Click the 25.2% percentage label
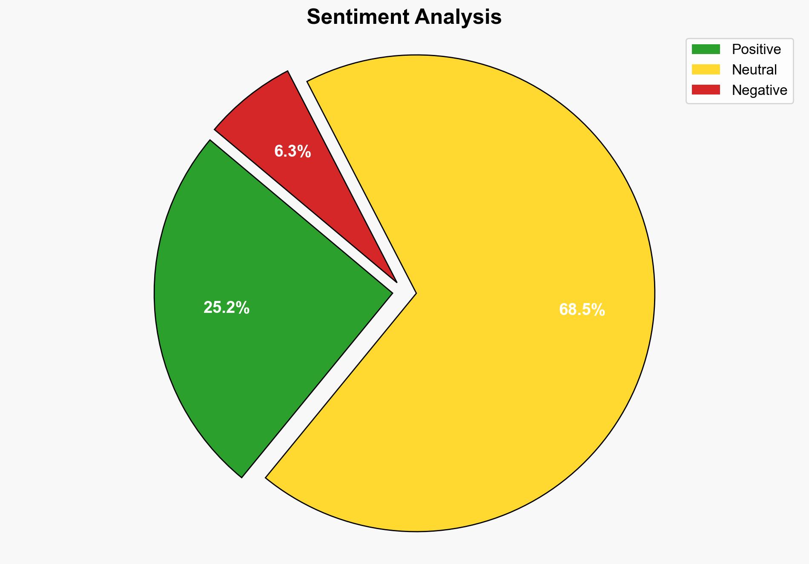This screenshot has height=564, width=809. tap(226, 307)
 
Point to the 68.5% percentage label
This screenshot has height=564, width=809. tap(582, 310)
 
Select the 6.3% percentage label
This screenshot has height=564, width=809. tap(293, 151)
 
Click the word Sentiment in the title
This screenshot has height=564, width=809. tap(358, 17)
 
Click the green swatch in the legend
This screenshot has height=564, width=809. tap(706, 49)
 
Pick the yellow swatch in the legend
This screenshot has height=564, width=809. tap(706, 69)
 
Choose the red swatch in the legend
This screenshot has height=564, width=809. tap(706, 90)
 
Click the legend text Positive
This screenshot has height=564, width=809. tap(756, 49)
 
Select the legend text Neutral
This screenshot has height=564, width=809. tap(754, 69)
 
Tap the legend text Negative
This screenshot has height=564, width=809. tap(759, 90)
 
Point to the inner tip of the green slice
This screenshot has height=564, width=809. tap(390, 292)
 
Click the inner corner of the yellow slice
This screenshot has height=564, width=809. tap(414, 293)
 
